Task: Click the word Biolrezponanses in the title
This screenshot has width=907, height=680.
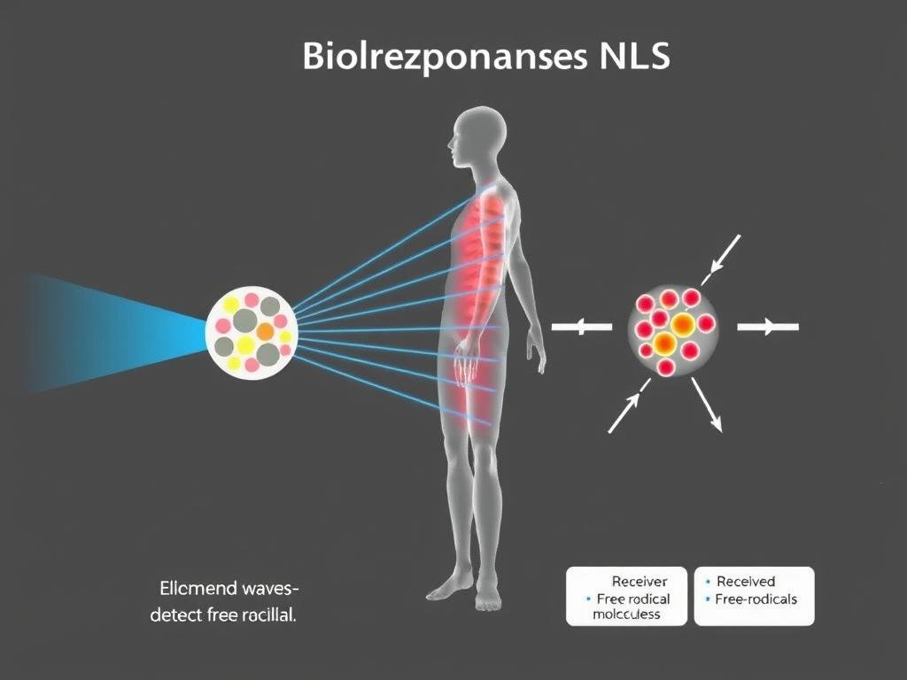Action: pos(434,58)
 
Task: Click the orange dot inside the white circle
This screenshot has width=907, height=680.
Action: pos(265,331)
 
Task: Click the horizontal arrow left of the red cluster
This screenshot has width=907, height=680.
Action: pos(582,328)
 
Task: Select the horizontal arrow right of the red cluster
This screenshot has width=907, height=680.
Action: pos(768,328)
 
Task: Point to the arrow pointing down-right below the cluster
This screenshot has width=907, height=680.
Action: pos(707,406)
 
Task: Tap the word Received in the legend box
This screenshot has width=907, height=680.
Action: pos(746,582)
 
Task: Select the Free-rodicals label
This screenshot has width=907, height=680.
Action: pos(756,599)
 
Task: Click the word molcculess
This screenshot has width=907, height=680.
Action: pos(626,614)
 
